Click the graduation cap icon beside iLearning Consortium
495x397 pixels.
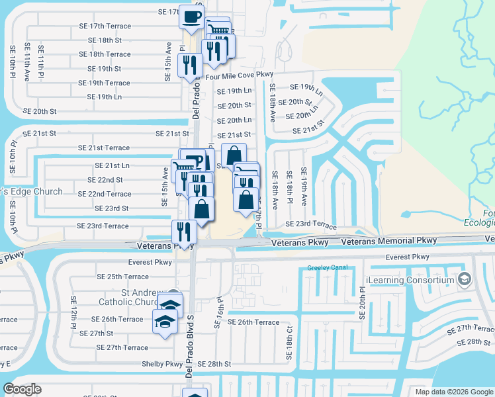click(464, 279)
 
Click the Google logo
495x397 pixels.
click(22, 388)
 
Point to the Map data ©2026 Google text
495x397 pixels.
click(453, 391)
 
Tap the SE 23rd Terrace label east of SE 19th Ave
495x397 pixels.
click(310, 224)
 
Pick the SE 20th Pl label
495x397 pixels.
click(363, 302)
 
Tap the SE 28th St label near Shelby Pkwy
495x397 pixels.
click(212, 364)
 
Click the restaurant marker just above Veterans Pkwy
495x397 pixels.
click(184, 231)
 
